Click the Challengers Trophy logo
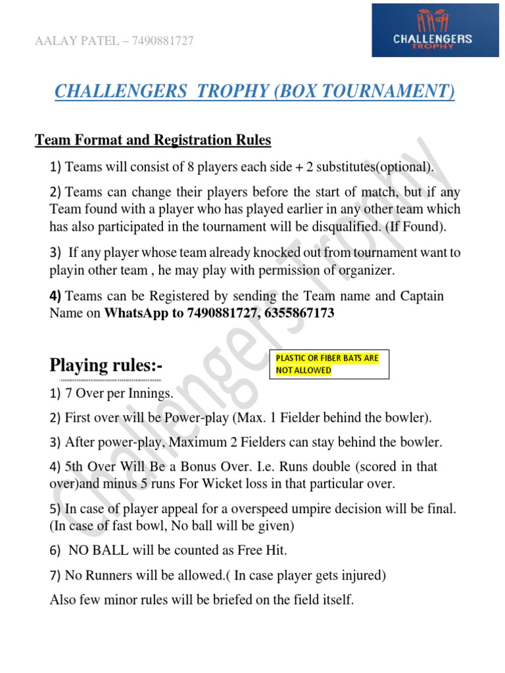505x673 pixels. click(431, 30)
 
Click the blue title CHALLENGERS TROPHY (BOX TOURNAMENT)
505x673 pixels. click(254, 91)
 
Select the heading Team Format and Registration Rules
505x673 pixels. click(153, 140)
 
